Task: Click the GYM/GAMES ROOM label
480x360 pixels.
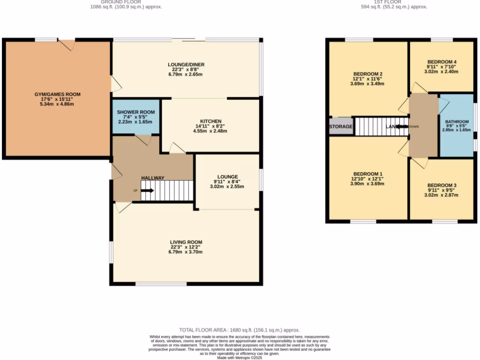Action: click(57, 94)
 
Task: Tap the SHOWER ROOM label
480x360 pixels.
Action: click(135, 112)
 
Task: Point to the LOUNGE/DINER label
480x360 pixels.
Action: click(186, 65)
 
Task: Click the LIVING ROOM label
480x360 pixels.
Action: click(186, 242)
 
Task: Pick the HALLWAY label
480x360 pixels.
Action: click(153, 178)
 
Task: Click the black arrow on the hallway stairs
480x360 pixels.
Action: click(147, 191)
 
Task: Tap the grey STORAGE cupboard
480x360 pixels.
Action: click(341, 127)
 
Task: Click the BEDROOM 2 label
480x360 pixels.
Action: click(368, 74)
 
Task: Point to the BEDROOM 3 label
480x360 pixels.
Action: click(441, 185)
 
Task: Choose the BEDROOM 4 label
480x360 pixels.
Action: click(441, 62)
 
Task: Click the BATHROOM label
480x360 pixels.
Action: click(456, 122)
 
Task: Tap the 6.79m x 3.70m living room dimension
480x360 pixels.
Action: click(186, 252)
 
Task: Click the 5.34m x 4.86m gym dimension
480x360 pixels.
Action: click(57, 104)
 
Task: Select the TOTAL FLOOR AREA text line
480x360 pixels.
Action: click(240, 330)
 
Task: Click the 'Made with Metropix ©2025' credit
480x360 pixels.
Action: click(240, 358)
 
